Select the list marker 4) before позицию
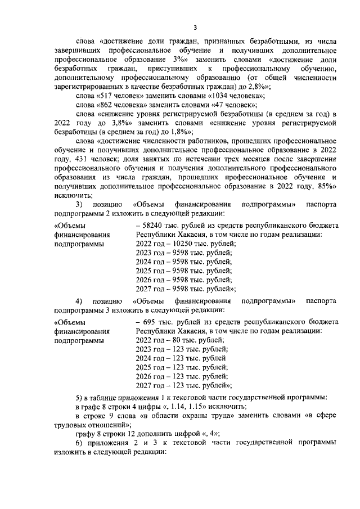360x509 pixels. click(79, 300)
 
